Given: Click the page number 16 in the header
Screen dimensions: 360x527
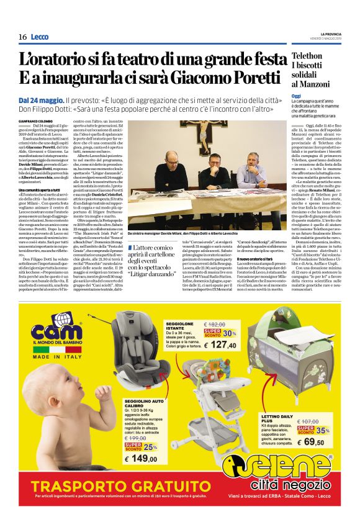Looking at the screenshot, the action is click(22, 37).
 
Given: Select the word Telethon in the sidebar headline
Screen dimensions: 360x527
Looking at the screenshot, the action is click(308, 57).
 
